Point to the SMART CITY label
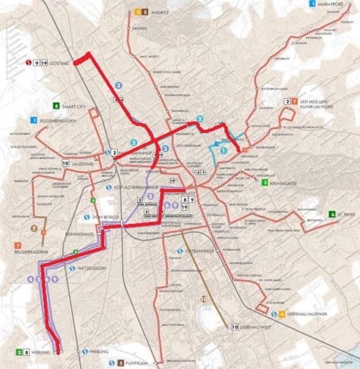tap(75, 106)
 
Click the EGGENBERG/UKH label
tap(55, 120)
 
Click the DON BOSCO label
tap(105, 217)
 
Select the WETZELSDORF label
tap(95, 268)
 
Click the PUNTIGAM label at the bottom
tap(139, 363)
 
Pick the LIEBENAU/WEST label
tap(259, 327)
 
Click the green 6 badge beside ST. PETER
tap(332, 214)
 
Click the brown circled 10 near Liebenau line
tap(203, 299)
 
